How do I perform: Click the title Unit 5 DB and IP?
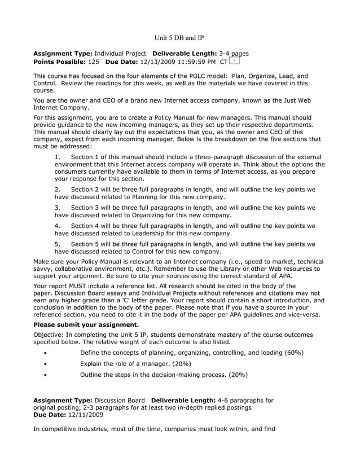(179, 38)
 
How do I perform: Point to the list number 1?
(58, 156)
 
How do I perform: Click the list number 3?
(58, 207)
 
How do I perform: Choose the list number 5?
(58, 244)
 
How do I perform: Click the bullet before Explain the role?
(45, 364)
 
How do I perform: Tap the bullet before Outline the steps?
(45, 375)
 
